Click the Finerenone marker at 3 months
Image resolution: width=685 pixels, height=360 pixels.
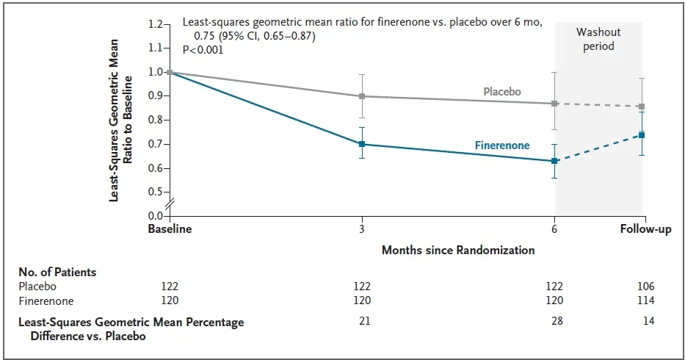pyautogui.click(x=362, y=144)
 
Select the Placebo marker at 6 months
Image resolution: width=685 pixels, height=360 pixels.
pyautogui.click(x=555, y=104)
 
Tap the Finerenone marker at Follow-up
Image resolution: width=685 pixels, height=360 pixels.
pyautogui.click(x=642, y=135)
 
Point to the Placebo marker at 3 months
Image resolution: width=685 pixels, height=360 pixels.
pyautogui.click(x=362, y=96)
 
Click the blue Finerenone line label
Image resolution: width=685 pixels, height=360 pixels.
pyautogui.click(x=502, y=145)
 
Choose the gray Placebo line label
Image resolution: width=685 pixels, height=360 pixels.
pyautogui.click(x=502, y=92)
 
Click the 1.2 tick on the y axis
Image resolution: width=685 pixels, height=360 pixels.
pyautogui.click(x=154, y=24)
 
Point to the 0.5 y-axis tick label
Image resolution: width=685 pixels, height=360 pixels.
pyautogui.click(x=154, y=192)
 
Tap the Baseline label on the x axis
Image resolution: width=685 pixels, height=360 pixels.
pyautogui.click(x=170, y=230)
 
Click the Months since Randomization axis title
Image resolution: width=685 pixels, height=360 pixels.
pyautogui.click(x=458, y=250)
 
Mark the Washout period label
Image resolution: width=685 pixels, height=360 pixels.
pyautogui.click(x=598, y=39)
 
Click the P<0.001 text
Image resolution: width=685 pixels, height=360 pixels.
pyautogui.click(x=203, y=50)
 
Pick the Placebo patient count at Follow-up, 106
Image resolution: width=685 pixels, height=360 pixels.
pyautogui.click(x=645, y=287)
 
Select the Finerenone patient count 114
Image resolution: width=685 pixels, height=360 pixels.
pyautogui.click(x=645, y=300)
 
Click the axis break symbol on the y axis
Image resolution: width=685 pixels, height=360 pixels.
pyautogui.click(x=170, y=204)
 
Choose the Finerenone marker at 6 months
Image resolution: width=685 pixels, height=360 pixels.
pyautogui.click(x=555, y=160)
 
